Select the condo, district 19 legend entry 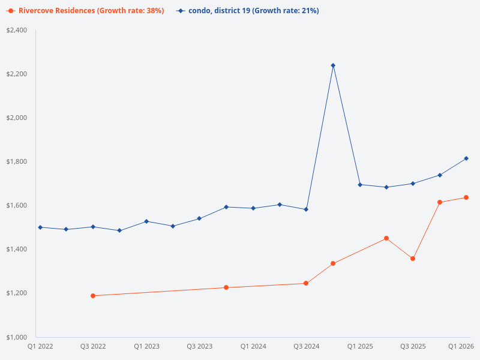click(x=248, y=11)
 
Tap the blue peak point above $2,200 click(x=333, y=65)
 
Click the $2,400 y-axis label click(x=17, y=30)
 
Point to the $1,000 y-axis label click(x=17, y=337)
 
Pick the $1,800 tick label click(x=17, y=161)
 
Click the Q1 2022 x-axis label click(x=40, y=346)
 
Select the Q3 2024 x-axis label click(x=306, y=346)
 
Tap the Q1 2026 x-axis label click(x=462, y=346)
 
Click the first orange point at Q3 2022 click(x=93, y=296)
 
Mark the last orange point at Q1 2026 click(x=466, y=197)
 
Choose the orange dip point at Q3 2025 click(x=413, y=259)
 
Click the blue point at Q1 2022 click(x=40, y=227)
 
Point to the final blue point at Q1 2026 click(x=466, y=158)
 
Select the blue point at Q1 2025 click(x=360, y=185)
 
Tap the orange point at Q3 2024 click(x=306, y=283)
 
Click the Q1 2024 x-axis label click(x=253, y=346)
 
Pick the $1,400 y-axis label click(x=17, y=249)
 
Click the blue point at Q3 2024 click(x=306, y=209)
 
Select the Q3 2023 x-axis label click(x=200, y=346)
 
